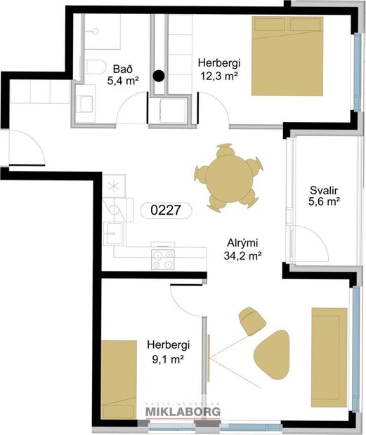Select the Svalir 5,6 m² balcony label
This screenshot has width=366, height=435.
click(324, 196)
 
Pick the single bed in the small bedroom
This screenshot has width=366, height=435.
click(119, 380)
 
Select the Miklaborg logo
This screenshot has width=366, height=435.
click(183, 413)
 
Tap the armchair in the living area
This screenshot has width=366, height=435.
click(251, 319)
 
